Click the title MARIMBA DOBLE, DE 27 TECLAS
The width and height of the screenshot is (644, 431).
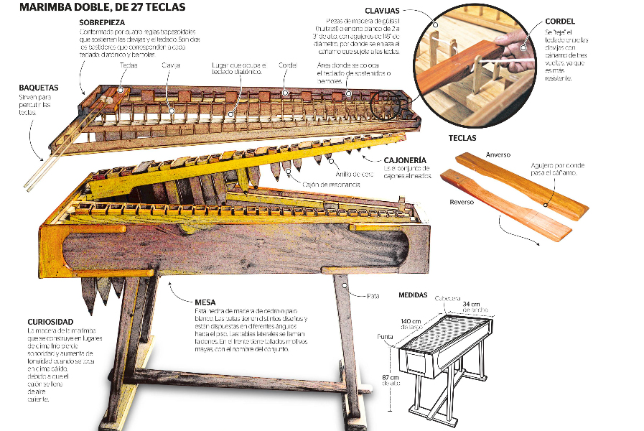(103, 8)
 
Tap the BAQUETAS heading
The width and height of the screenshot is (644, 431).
(39, 88)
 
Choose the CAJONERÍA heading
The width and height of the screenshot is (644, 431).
(405, 159)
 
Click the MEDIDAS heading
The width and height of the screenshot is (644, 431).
(412, 295)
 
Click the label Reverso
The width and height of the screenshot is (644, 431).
(462, 203)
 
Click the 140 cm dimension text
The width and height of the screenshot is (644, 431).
(410, 322)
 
